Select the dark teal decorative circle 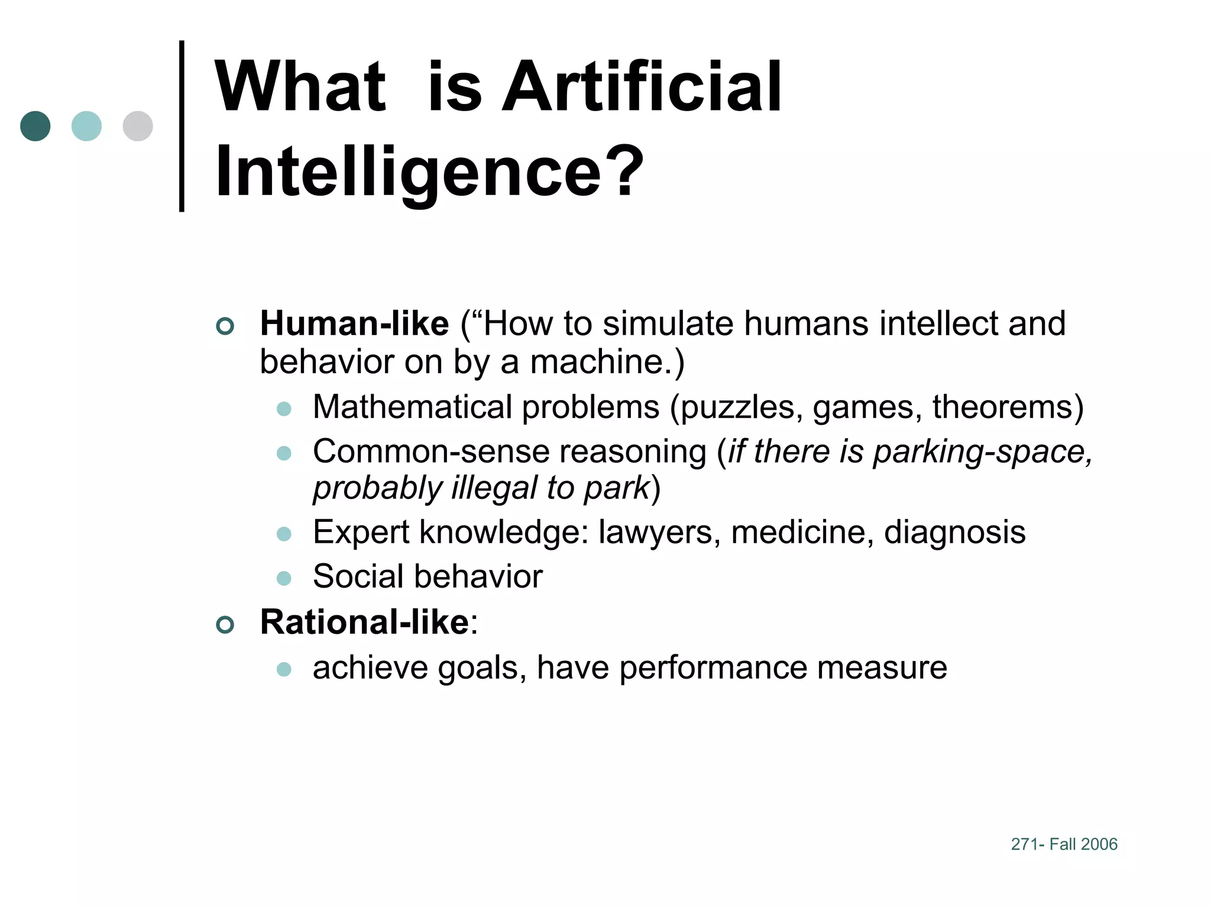(35, 126)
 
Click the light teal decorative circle (86, 126)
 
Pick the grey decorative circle (138, 126)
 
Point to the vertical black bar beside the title (182, 126)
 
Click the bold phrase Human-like (354, 324)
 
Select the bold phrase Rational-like (364, 622)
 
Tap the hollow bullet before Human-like (225, 326)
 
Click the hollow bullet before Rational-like (225, 624)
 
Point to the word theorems (1003, 407)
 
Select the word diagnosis (954, 532)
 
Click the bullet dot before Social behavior (284, 578)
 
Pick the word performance (713, 668)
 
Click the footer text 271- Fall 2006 (1064, 844)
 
